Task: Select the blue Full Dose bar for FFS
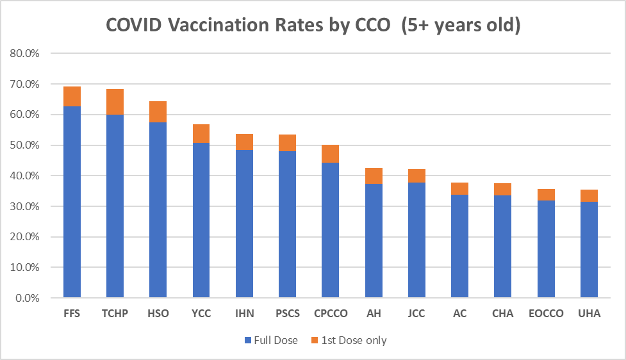click(72, 202)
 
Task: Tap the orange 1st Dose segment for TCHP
click(115, 102)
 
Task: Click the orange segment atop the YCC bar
click(201, 133)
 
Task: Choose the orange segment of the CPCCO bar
click(330, 154)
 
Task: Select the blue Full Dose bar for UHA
click(589, 250)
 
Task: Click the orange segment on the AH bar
click(374, 176)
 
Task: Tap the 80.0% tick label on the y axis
click(25, 53)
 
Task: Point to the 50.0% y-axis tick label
click(25, 145)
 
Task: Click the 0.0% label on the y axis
click(28, 298)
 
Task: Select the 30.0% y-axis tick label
click(25, 206)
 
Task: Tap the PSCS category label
click(287, 314)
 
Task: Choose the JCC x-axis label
click(416, 314)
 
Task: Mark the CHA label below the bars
click(502, 314)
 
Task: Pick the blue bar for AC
click(459, 247)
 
